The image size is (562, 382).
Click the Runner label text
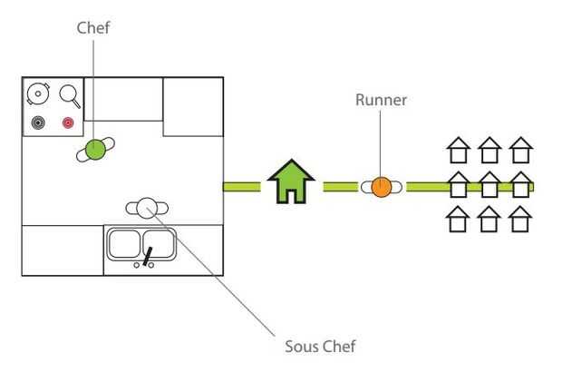click(x=381, y=100)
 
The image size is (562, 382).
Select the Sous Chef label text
click(x=320, y=346)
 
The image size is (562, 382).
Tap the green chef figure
click(x=94, y=150)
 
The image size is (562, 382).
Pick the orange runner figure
click(x=382, y=187)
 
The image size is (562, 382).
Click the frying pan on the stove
click(x=69, y=94)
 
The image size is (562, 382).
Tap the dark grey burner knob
click(x=38, y=122)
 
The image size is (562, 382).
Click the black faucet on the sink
click(x=146, y=258)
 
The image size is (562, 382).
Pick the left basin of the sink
click(x=125, y=243)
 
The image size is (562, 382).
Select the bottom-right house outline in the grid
click(x=519, y=219)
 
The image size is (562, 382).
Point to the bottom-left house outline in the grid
click(x=459, y=219)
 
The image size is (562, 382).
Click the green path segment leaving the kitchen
click(x=242, y=187)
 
